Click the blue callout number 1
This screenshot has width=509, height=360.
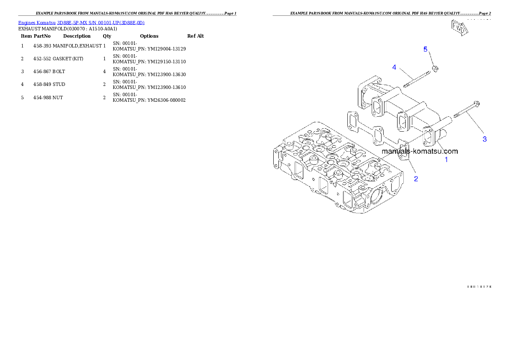[x=446, y=159]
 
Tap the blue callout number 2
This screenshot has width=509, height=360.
[x=416, y=179]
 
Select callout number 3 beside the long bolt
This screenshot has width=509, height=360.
[x=484, y=139]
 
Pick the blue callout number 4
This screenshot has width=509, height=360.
[x=394, y=67]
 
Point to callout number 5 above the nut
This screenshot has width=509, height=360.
[x=425, y=49]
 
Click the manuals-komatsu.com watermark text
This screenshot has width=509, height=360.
[x=419, y=151]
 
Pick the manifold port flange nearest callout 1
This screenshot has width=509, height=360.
[x=428, y=139]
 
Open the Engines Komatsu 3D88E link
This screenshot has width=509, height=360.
[x=81, y=22]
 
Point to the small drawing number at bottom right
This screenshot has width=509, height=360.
[x=479, y=286]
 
